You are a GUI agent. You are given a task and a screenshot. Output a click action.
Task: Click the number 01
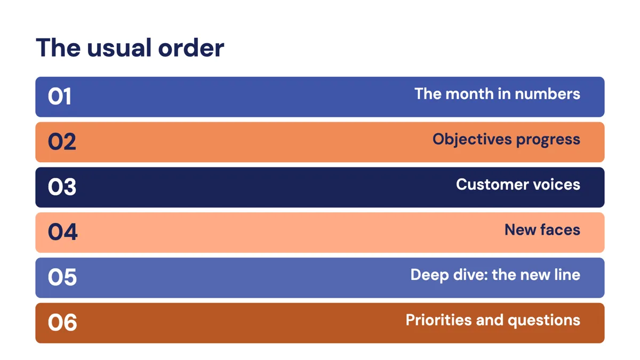click(59, 97)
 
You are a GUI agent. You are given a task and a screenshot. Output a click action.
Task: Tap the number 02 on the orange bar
click(62, 141)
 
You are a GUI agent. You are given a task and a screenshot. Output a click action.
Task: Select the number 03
click(62, 187)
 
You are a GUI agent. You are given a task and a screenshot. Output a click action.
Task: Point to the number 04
click(62, 232)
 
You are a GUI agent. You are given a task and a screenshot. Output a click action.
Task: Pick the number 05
click(62, 277)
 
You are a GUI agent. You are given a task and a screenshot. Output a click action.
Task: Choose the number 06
click(62, 323)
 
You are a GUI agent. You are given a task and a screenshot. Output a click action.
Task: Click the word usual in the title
click(119, 47)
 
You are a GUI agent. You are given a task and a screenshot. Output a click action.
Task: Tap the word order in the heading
click(191, 47)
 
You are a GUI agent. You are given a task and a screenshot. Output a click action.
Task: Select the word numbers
click(547, 94)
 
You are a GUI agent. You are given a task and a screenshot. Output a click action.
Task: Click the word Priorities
click(438, 319)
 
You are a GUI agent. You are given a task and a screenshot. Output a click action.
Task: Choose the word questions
click(544, 321)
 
